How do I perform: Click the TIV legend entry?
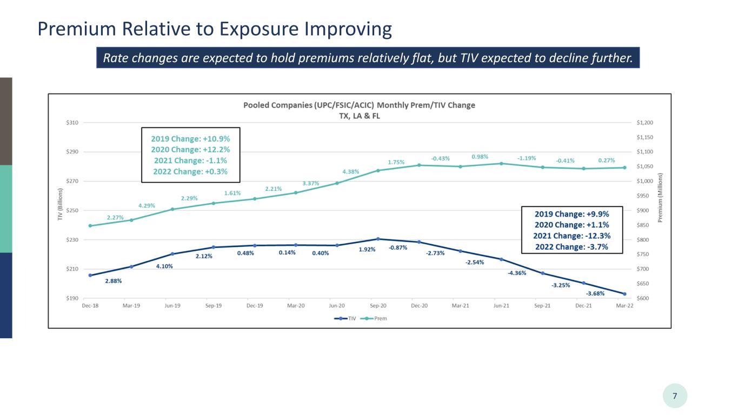tap(345, 318)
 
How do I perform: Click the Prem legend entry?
tap(374, 318)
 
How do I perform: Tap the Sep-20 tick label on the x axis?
tap(378, 306)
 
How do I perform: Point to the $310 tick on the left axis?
tap(72, 123)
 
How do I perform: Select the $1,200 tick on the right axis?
tap(645, 123)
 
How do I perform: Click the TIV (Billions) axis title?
tap(60, 204)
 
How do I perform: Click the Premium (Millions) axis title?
tap(660, 198)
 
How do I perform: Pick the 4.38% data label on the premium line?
tap(350, 172)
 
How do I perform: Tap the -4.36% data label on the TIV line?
tap(517, 273)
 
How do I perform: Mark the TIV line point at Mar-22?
tap(624, 294)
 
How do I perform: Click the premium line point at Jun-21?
tap(501, 163)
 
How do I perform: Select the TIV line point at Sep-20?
tap(378, 239)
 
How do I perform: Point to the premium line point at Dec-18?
tap(90, 226)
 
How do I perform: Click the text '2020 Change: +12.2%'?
tap(190, 150)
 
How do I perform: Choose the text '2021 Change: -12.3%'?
tap(571, 236)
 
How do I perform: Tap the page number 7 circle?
tap(675, 396)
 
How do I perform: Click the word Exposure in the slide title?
tap(260, 29)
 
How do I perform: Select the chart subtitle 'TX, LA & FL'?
tap(360, 116)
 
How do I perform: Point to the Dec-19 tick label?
tap(255, 306)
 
